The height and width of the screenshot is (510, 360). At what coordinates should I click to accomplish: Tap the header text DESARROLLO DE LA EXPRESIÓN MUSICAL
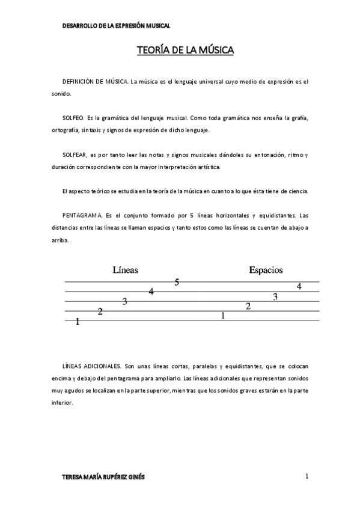pos(117,26)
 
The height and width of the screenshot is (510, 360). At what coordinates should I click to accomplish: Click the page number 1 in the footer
pos(307,476)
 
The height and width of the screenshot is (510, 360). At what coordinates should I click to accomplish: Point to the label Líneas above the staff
pos(125,270)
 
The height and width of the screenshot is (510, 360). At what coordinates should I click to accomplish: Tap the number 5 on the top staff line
pos(177,282)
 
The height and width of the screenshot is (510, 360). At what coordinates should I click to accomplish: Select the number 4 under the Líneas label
pos(151,292)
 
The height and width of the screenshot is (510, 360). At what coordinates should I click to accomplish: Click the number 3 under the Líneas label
pos(125,301)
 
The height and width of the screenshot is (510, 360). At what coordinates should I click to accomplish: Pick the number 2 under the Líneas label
pos(100,312)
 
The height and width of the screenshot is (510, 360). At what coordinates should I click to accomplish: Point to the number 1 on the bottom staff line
pos(78,322)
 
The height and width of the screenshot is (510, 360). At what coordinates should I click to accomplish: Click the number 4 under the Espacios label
pos(299,286)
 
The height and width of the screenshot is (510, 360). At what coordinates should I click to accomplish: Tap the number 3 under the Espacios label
pos(275,296)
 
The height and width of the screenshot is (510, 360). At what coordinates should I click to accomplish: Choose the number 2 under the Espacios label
pos(248,306)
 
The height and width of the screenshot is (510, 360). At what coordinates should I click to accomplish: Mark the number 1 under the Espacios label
pos(223,316)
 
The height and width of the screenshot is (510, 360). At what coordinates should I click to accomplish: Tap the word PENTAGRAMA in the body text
pos(83,215)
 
